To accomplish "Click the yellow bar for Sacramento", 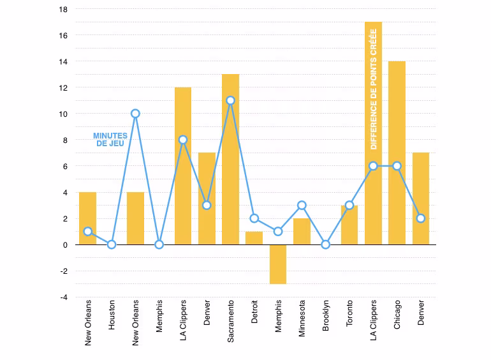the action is click(230, 159).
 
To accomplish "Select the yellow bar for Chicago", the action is click(397, 153).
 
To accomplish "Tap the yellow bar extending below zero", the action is click(278, 264).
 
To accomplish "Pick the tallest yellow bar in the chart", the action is click(373, 133).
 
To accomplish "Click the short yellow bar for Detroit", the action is click(254, 238).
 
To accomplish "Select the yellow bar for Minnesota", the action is click(302, 232).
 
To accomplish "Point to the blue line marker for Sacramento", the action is click(230, 101).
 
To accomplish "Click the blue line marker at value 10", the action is click(135, 114).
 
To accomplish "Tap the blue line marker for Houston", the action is click(112, 244).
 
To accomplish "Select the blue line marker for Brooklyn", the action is click(326, 244).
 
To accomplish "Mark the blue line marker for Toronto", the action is click(349, 206).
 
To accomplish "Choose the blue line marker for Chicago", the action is click(397, 166).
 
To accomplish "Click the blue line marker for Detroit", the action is click(254, 218).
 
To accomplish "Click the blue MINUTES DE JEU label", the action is click(110, 139).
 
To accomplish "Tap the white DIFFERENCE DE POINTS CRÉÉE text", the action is click(373, 89).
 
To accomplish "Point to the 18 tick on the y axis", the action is click(63, 10).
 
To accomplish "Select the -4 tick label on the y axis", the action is click(64, 297).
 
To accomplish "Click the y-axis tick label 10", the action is click(63, 114).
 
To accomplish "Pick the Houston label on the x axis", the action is click(112, 315).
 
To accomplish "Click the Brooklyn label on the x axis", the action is click(326, 315).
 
